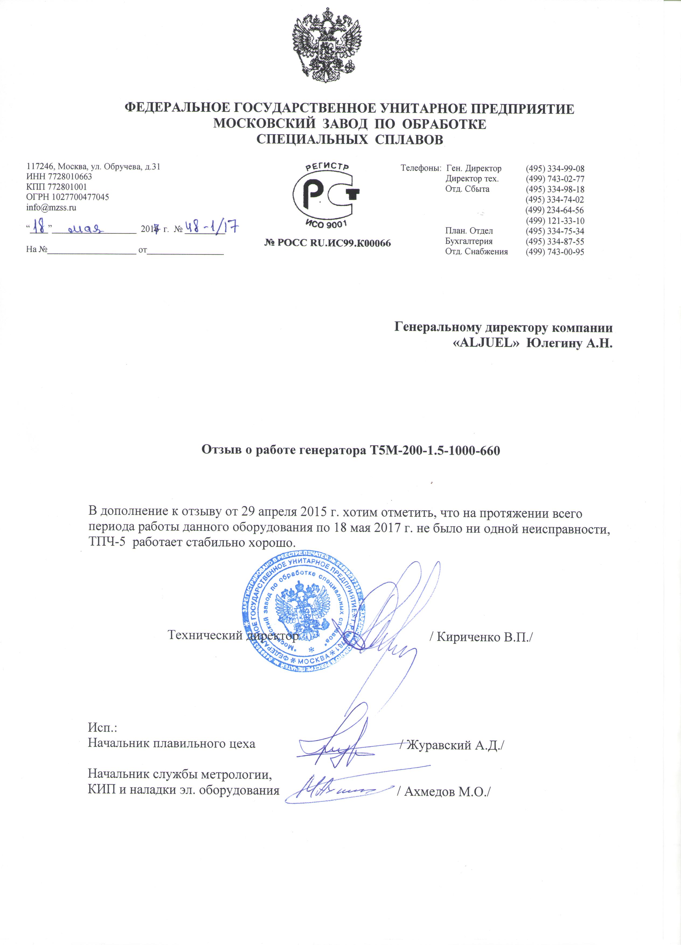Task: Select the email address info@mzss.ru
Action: click(x=51, y=207)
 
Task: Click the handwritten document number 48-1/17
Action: click(x=211, y=227)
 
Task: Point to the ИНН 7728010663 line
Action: click(x=59, y=177)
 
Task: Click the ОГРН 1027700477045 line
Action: click(x=67, y=197)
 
